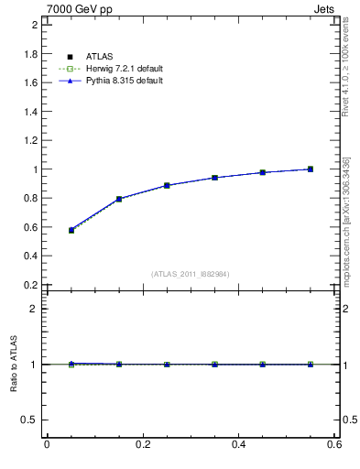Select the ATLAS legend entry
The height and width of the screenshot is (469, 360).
pos(98,57)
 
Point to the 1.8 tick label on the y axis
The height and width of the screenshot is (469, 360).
pos(30,54)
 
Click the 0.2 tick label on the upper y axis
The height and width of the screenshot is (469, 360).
pos(30,285)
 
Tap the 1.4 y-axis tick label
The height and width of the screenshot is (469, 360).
pos(30,112)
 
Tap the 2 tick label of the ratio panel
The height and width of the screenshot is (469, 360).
pos(35,309)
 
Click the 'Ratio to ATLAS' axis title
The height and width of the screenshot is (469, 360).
pos(14,364)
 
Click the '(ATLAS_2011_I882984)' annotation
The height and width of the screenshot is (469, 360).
pos(190,274)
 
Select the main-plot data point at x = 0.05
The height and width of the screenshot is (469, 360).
pos(71,230)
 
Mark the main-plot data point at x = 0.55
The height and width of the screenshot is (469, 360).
pos(311,169)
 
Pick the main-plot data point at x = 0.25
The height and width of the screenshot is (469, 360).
pos(167,185)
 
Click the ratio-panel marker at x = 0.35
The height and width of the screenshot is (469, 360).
pos(214,365)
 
